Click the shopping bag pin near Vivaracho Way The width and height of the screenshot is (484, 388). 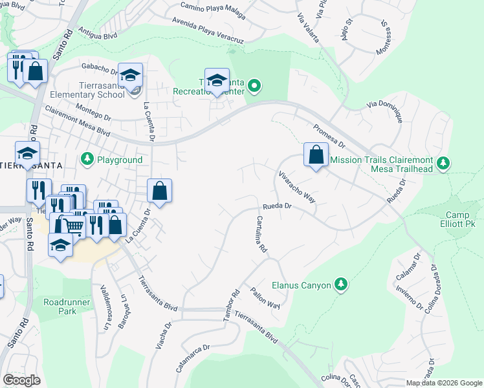pyautogui.click(x=315, y=155)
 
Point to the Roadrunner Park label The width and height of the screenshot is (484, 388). pyautogui.click(x=68, y=307)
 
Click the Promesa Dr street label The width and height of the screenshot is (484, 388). pyautogui.click(x=329, y=135)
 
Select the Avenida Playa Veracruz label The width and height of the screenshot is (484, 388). pyautogui.click(x=208, y=30)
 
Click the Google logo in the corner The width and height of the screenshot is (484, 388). pyautogui.click(x=21, y=380)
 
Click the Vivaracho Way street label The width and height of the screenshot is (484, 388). pyautogui.click(x=297, y=188)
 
